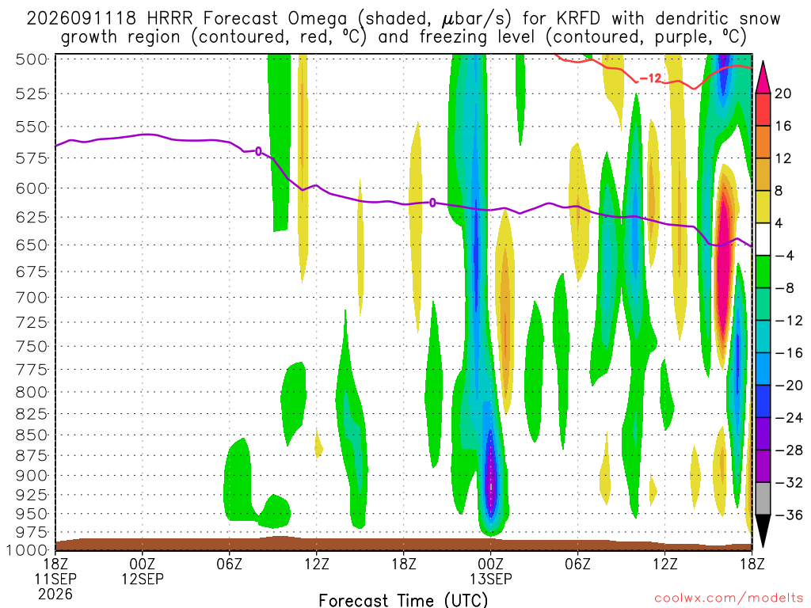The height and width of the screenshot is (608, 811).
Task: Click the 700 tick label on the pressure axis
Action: coord(32,298)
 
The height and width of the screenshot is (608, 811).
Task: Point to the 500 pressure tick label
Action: coord(32,59)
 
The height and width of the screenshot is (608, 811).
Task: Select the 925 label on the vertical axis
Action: coord(32,495)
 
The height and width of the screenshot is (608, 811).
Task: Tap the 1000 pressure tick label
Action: coord(27,550)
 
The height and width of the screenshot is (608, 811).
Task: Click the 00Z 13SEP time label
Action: coord(491,571)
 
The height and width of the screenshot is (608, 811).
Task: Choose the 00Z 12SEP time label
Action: coord(143,571)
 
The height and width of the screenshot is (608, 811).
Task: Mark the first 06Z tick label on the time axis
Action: coord(229,563)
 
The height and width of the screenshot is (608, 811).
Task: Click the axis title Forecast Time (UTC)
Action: coord(403,600)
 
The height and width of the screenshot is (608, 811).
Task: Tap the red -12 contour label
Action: coord(650,78)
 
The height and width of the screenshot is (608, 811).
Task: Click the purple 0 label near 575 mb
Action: coord(259,151)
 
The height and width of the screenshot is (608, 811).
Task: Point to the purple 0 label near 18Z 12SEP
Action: coord(432,203)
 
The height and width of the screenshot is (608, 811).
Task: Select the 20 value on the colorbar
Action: coord(783,93)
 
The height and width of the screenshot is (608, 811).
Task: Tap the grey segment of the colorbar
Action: coord(763,499)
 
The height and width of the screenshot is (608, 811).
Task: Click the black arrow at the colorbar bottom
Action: coord(763,530)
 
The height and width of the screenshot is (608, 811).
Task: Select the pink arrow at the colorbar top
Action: coord(763,78)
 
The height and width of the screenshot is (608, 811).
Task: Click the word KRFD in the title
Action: coord(578,19)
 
